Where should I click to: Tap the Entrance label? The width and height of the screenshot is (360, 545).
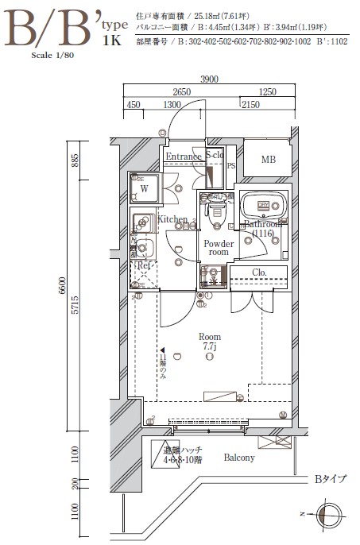pyautogui.click(x=183, y=157)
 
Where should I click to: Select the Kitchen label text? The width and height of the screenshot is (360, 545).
pyautogui.click(x=172, y=219)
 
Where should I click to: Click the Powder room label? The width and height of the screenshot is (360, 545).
pyautogui.click(x=219, y=248)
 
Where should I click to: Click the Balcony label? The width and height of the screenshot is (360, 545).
pyautogui.click(x=238, y=458)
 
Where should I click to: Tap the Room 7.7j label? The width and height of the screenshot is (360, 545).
pyautogui.click(x=210, y=342)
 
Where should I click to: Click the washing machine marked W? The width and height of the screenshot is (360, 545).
pyautogui.click(x=146, y=188)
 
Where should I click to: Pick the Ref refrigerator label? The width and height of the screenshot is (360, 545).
pyautogui.click(x=144, y=265)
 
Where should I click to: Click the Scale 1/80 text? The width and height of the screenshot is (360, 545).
pyautogui.click(x=51, y=56)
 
